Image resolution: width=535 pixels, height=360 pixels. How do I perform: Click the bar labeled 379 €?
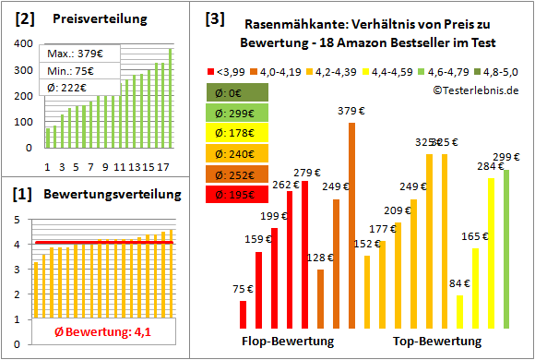(351, 225)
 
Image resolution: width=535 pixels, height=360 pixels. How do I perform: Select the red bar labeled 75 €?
(243, 315)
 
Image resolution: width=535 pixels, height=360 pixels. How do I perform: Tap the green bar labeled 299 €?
(506, 249)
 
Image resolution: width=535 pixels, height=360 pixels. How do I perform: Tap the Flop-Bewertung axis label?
(288, 342)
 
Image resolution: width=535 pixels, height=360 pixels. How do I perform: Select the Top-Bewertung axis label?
(437, 342)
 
